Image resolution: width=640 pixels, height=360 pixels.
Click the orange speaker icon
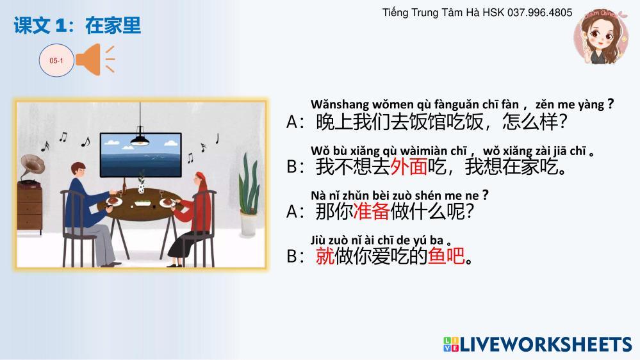[95, 60]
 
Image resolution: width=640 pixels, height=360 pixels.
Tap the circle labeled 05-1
[56, 60]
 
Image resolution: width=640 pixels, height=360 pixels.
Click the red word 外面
[409, 167]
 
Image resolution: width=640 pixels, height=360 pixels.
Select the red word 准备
[371, 211]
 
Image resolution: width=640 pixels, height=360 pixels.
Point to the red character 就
[325, 256]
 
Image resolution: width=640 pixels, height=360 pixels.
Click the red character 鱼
[437, 256]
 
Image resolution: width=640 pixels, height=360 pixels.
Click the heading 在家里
[113, 26]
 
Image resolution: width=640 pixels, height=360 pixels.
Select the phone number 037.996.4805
[539, 13]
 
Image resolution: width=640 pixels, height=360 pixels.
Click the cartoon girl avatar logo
[600, 37]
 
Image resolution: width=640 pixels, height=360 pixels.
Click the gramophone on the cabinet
[32, 168]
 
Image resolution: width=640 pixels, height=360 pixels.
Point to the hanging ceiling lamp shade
[140, 141]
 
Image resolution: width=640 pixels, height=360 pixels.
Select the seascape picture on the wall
[141, 155]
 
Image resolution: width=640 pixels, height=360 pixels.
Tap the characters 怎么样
[530, 122]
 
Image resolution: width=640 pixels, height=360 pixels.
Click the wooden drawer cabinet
[29, 208]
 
